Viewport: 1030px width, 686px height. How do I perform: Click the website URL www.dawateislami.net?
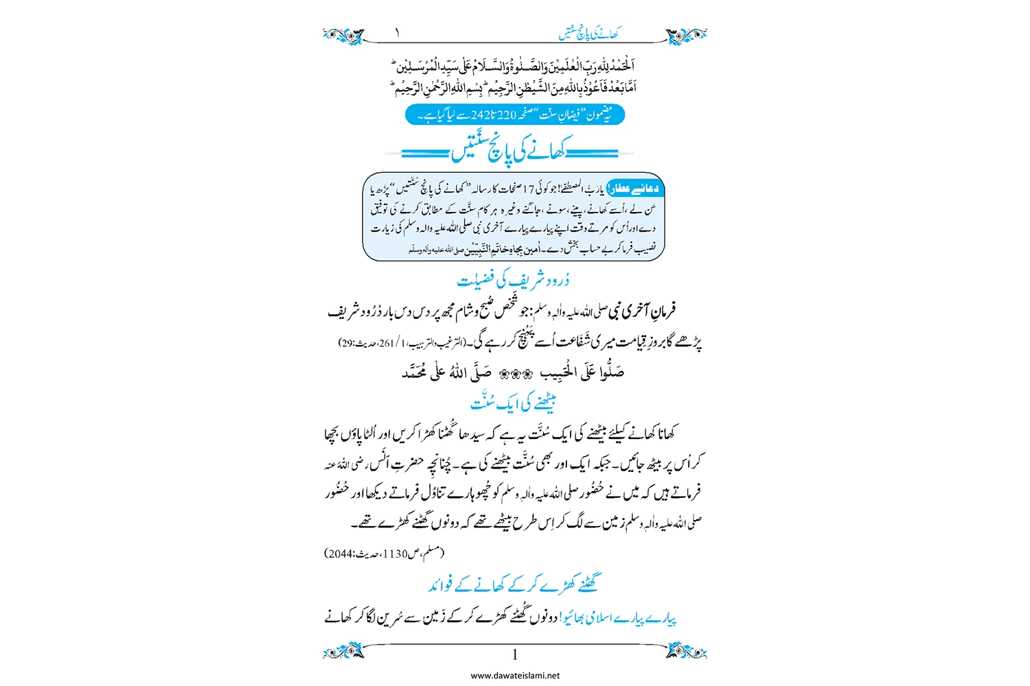[515, 676]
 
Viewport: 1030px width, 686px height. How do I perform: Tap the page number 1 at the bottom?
[515, 655]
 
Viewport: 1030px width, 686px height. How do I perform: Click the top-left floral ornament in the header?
[343, 34]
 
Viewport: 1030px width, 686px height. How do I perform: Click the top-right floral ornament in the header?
[686, 34]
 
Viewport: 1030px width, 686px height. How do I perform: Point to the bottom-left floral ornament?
[343, 650]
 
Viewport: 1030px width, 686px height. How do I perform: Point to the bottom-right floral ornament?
[686, 650]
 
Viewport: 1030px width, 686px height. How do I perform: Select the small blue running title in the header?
[588, 33]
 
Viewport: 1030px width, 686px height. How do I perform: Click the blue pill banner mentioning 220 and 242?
[515, 115]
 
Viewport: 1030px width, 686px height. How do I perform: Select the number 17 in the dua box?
[529, 189]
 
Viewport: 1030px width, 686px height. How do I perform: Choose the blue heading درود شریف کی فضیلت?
[513, 280]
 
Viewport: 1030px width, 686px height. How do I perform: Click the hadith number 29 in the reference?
[346, 343]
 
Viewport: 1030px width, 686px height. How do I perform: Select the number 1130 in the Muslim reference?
[396, 554]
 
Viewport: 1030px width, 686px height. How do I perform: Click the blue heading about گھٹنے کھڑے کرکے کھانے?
[513, 584]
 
